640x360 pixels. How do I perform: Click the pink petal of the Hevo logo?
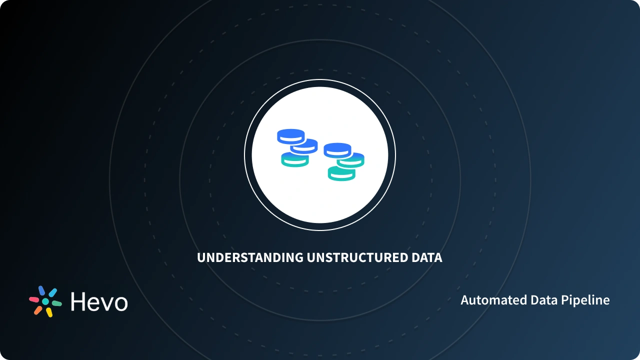click(33, 299)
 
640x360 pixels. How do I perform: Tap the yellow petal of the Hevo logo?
click(49, 312)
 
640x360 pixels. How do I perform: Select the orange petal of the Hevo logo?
click(38, 310)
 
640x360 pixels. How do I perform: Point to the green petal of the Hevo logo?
click(56, 303)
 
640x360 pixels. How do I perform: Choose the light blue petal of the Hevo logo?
click(52, 292)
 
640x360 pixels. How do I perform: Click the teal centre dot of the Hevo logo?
click(45, 301)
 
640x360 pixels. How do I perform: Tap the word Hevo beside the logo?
click(99, 302)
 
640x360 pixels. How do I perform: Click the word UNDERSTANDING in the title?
click(250, 258)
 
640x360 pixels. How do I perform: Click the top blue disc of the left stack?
click(291, 135)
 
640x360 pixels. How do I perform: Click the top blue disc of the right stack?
click(337, 149)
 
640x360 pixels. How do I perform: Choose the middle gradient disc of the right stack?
click(351, 160)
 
